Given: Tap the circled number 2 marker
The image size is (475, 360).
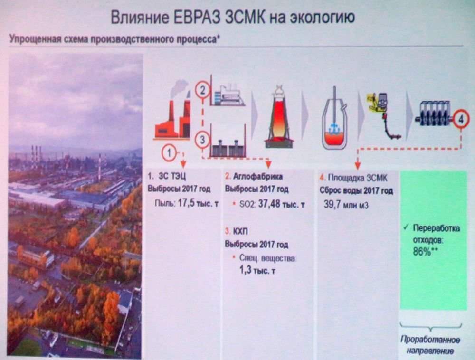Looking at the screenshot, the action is [x=202, y=90].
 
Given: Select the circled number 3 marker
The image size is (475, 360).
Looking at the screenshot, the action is [x=202, y=140].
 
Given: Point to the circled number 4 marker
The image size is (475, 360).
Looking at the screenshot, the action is [x=461, y=119].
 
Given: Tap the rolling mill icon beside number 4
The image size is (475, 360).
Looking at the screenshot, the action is [x=433, y=113].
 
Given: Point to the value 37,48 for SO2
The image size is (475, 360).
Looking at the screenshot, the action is [x=269, y=204].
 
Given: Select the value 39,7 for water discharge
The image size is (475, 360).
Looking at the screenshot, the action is [x=332, y=204].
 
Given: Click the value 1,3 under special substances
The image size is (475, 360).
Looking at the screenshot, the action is [x=246, y=270].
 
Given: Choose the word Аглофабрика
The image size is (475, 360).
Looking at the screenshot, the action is [x=258, y=176].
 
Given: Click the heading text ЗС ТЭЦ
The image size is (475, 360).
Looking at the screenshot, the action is [x=172, y=176].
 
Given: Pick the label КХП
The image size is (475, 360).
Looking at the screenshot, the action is [x=240, y=232].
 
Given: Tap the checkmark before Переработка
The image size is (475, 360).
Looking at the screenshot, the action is [x=406, y=227].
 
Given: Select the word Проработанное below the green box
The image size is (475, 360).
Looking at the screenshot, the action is [x=430, y=340].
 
